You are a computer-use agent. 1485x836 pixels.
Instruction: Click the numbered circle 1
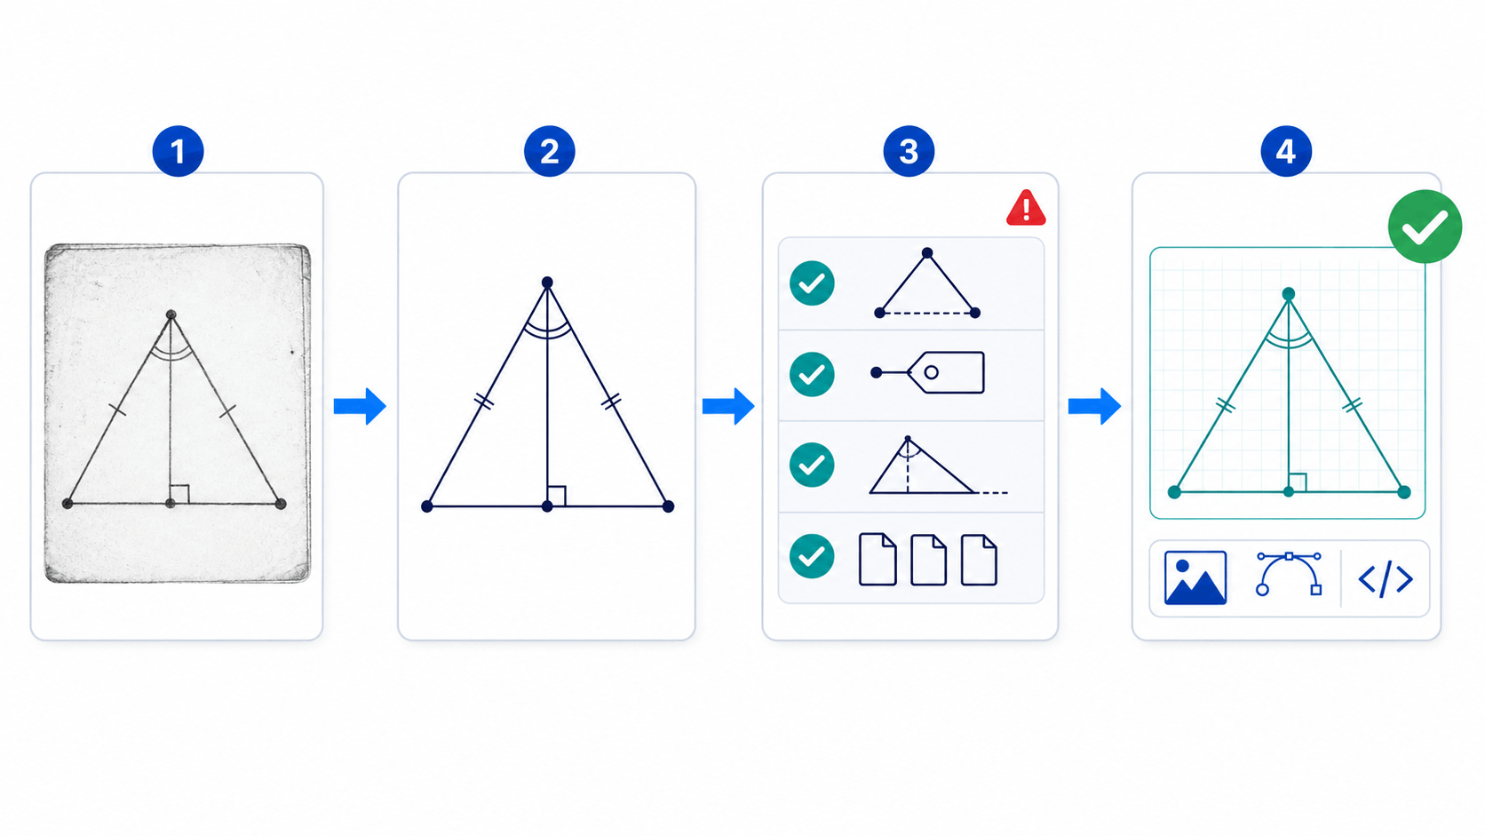178,151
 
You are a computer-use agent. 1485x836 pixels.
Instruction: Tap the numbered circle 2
549,151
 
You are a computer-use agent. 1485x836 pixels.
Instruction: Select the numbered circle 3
909,151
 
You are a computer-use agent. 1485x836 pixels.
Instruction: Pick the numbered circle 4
1285,151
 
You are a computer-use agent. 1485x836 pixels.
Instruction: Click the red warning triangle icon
1026,208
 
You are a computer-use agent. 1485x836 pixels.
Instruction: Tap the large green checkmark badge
1425,227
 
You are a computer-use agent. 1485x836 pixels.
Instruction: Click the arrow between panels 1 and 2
360,406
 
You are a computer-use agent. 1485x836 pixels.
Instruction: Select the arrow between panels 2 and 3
728,406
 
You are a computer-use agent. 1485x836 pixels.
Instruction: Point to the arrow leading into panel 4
1094,406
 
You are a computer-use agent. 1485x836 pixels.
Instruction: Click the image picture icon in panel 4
1195,578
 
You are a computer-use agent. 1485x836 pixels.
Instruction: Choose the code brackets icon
1386,578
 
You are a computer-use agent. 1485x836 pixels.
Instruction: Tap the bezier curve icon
1289,574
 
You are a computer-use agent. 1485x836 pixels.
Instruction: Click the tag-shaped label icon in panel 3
929,372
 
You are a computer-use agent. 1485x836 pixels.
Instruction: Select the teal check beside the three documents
812,556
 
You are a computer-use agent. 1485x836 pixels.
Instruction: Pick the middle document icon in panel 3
928,560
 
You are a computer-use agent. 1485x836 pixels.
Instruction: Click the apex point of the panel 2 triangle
547,283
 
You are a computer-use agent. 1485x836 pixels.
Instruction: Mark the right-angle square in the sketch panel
179,494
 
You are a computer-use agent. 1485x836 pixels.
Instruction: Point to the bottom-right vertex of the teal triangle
1404,492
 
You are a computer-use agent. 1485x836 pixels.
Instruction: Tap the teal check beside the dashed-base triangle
812,283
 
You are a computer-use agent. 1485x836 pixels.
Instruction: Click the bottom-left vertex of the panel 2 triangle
427,506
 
